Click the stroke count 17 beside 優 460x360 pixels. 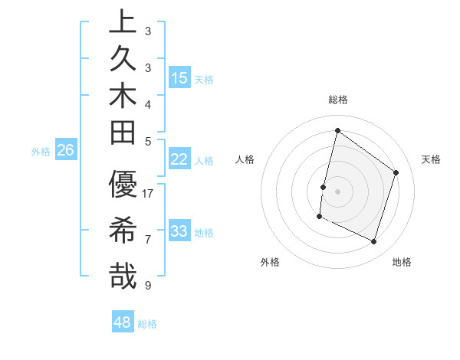coord(148,194)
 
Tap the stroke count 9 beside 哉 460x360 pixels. coord(147,286)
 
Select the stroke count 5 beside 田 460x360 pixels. coord(147,141)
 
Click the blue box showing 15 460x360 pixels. coord(179,78)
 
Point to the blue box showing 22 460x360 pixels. coord(179,159)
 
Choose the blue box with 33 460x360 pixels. coord(179,231)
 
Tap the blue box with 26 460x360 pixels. coord(65,151)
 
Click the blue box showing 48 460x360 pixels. coord(123,322)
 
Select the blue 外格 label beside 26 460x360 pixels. coord(41,152)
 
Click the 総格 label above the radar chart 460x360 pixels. coord(338,100)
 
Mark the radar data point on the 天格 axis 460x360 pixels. coord(396,172)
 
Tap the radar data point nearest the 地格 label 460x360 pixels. coord(374,242)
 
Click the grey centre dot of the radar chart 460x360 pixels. coord(337,191)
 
